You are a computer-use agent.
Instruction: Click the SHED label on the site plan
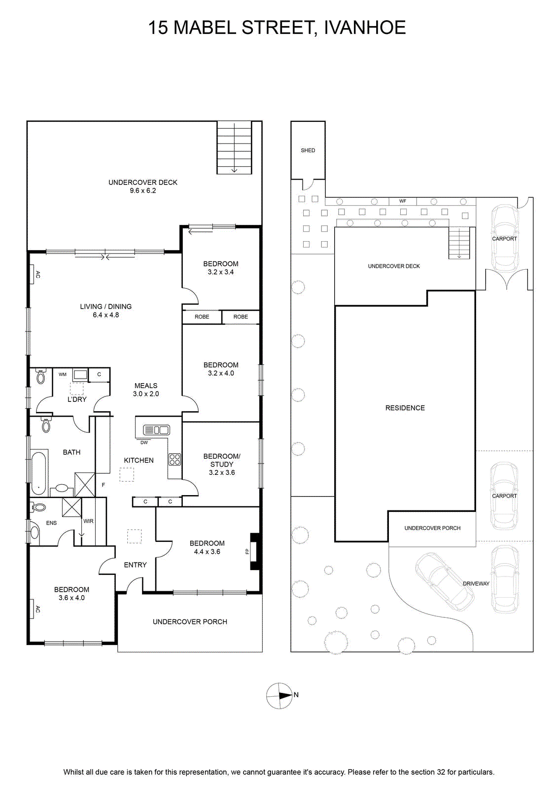tap(308, 150)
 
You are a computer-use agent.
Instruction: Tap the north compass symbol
tap(279, 695)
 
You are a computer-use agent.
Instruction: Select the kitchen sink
tap(156, 430)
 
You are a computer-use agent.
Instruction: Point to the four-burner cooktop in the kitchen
tap(175, 459)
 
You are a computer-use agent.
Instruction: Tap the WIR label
tap(88, 521)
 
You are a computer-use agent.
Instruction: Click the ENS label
tap(51, 523)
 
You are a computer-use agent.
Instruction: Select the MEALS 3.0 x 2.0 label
tap(146, 390)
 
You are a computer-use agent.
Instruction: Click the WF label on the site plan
tap(403, 201)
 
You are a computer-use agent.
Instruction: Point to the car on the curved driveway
tap(445, 581)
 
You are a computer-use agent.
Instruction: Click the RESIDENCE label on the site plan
tap(405, 408)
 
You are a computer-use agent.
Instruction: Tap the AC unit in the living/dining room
tap(34, 274)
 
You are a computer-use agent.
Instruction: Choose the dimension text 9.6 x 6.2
tap(142, 190)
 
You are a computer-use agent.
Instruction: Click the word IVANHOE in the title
tap(365, 28)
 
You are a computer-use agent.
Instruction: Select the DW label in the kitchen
tap(144, 442)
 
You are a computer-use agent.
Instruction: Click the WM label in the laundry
tap(63, 374)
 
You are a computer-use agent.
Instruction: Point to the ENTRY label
tap(135, 565)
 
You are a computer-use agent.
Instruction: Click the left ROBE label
tap(202, 317)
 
